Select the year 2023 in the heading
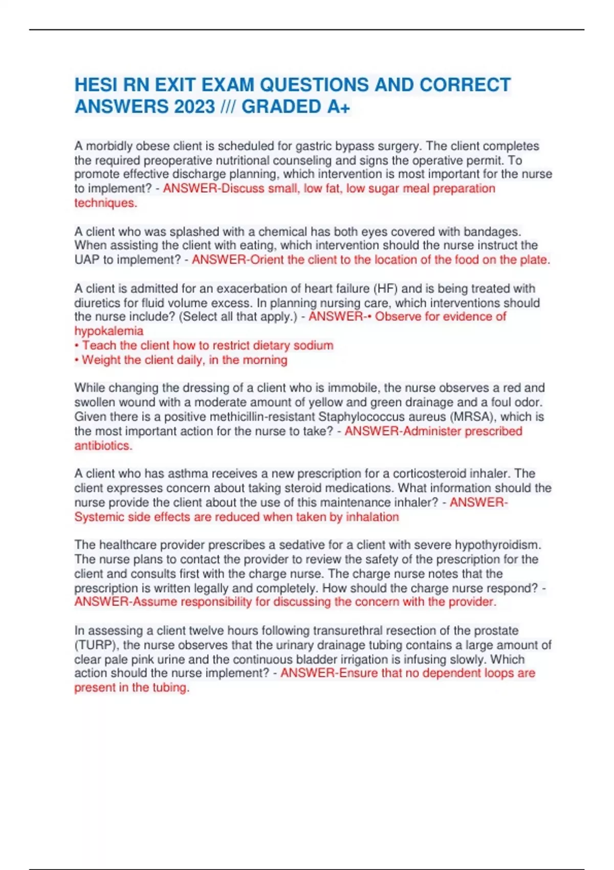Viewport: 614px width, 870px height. (194, 107)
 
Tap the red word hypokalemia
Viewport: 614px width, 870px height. (109, 331)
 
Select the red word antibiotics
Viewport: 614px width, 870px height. (103, 446)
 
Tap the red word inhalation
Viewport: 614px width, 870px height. (372, 517)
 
